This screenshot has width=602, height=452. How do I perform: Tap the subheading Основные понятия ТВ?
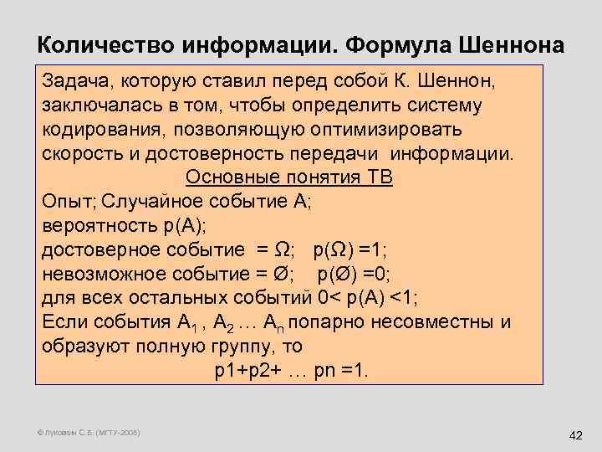point(288,177)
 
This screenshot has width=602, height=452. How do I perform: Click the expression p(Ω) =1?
point(349,249)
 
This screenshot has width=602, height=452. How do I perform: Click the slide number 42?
point(574,435)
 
